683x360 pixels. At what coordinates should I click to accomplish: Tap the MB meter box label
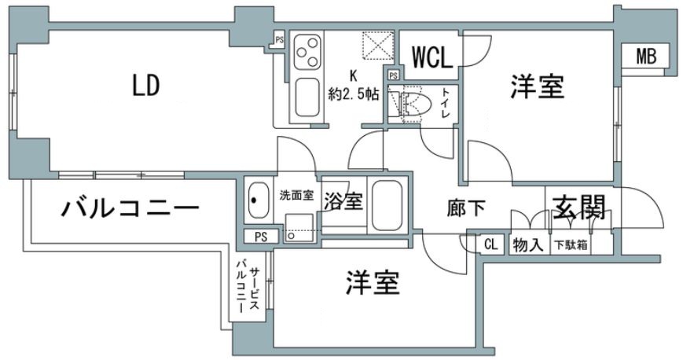pyautogui.click(x=646, y=57)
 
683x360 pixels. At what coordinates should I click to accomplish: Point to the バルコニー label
pyautogui.click(x=130, y=209)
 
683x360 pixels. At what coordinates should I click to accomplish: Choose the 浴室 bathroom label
pyautogui.click(x=343, y=201)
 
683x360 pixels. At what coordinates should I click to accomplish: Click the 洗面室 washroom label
pyautogui.click(x=296, y=196)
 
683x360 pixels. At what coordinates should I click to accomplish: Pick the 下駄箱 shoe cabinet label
pyautogui.click(x=571, y=244)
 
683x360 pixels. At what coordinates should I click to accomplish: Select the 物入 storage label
pyautogui.click(x=528, y=244)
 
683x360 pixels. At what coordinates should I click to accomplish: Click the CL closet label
pyautogui.click(x=490, y=244)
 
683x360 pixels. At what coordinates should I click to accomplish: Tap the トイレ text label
pyautogui.click(x=446, y=103)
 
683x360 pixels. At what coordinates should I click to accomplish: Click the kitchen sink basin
pyautogui.click(x=307, y=99)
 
